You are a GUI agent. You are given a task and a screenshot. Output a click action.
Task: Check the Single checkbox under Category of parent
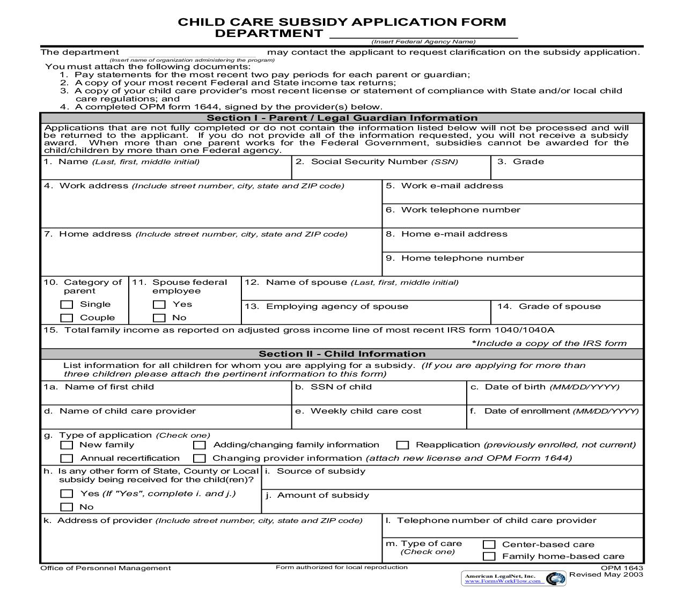point(67,305)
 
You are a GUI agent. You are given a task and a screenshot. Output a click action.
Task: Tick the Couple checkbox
point(67,318)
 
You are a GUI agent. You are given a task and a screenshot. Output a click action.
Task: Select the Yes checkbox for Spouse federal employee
point(159,305)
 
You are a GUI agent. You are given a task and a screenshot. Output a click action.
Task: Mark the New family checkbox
point(67,445)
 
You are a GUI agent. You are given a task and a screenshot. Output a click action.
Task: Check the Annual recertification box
point(67,459)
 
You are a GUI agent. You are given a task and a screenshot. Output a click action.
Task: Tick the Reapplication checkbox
point(402,445)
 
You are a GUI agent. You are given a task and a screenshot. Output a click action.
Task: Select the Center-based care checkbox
point(489,544)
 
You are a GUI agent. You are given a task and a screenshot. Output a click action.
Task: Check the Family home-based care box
point(489,557)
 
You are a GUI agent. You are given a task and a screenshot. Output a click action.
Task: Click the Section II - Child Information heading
point(342,354)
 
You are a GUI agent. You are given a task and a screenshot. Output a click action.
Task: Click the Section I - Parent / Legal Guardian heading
point(342,118)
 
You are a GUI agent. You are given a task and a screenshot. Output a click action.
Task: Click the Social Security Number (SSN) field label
point(384,162)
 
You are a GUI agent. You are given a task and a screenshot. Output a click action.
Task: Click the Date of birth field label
point(551,387)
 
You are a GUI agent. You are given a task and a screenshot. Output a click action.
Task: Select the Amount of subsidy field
point(452,504)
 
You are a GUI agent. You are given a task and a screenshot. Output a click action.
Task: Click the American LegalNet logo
point(513,578)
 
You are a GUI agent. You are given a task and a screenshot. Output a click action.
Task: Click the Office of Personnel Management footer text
point(106,568)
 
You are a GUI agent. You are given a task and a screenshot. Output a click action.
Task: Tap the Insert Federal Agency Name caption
point(423,42)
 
